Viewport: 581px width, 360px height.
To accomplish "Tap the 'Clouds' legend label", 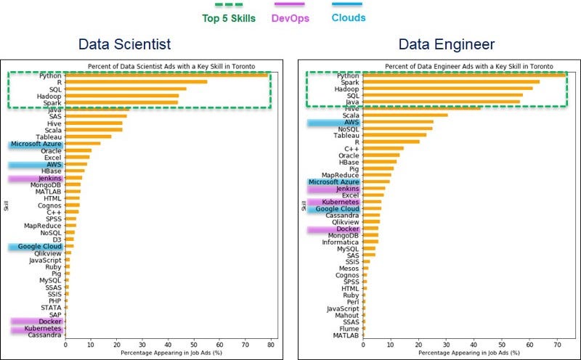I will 349,17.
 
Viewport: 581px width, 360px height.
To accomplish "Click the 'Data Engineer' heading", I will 447,45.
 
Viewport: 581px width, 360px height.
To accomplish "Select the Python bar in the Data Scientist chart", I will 167,75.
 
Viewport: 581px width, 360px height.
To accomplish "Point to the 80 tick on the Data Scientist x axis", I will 271,346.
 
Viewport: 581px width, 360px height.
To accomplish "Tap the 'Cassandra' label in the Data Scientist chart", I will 45,335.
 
